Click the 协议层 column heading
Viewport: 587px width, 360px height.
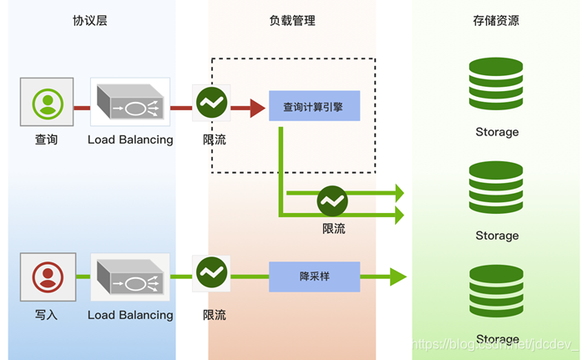[90, 20]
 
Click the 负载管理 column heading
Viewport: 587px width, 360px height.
[292, 20]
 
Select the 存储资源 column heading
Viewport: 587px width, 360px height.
[496, 20]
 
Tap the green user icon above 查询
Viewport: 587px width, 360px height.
[48, 102]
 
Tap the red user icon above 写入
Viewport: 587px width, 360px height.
[48, 276]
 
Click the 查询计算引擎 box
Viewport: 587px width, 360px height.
[314, 106]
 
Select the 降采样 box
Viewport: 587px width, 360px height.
[314, 276]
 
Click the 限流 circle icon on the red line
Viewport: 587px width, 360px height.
[211, 104]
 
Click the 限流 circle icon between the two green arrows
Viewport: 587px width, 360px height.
[332, 201]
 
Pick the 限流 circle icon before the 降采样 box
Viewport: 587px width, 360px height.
[211, 272]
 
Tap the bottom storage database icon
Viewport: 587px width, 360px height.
[496, 292]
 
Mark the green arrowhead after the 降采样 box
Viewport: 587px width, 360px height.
[397, 276]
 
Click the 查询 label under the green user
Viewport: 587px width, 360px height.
[47, 139]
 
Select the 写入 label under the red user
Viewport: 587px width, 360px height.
[47, 315]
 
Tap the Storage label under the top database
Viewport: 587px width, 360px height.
[497, 132]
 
